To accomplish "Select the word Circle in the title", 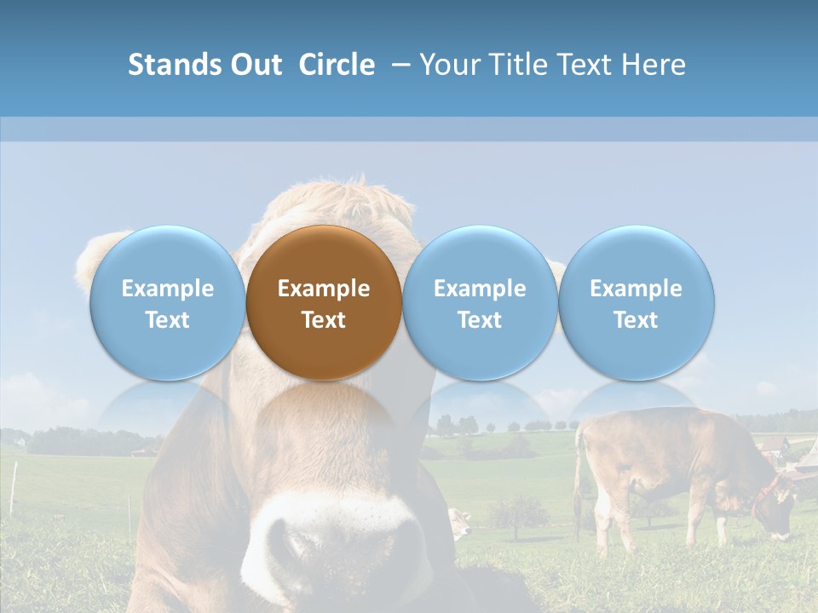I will (337, 65).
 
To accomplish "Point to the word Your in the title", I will (448, 65).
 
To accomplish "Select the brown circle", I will (324, 302).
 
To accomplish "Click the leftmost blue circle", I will (167, 302).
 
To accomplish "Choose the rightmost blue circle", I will (636, 302).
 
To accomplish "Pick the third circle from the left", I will (480, 302).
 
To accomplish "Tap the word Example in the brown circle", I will (324, 289).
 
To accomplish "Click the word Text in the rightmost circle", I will (636, 320).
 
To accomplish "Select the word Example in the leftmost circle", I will (167, 289).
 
